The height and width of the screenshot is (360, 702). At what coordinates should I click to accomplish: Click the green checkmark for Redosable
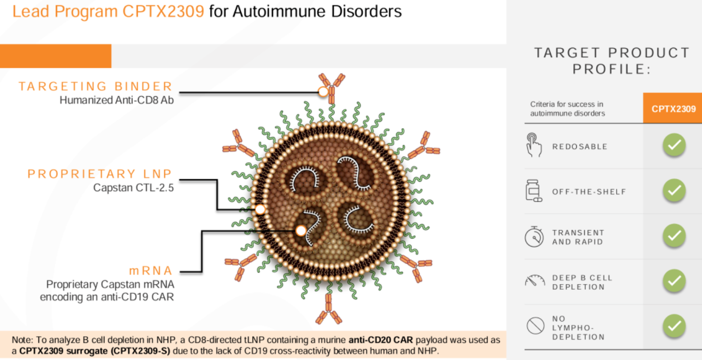pos(674,146)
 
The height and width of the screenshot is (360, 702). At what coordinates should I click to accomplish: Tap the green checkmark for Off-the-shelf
pos(674,191)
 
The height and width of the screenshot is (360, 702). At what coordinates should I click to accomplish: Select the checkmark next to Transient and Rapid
pos(674,236)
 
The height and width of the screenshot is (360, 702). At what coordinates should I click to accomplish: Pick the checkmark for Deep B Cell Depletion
pos(674,281)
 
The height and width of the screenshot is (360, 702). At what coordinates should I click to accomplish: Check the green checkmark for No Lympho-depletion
pos(674,326)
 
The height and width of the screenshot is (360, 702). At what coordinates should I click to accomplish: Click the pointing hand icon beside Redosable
pos(534,145)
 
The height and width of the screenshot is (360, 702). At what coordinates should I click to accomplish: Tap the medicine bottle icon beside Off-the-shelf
pos(534,190)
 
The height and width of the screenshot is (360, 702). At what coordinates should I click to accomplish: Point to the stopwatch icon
pos(534,236)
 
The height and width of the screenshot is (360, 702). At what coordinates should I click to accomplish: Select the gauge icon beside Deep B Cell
pos(535,281)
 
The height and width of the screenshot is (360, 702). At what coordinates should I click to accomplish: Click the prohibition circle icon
pos(535,326)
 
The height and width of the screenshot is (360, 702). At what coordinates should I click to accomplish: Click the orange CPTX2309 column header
pos(673,109)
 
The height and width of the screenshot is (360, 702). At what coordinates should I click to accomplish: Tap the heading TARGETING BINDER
pos(95,86)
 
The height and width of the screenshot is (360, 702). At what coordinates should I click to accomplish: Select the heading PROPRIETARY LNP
pos(100,174)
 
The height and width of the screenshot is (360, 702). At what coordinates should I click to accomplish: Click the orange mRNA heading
pos(150,271)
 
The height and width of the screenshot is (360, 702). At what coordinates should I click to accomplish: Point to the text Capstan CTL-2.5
pos(133,188)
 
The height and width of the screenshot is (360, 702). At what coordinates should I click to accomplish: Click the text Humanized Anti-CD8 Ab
pos(116,101)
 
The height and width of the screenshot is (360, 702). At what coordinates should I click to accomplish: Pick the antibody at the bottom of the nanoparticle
pos(328,309)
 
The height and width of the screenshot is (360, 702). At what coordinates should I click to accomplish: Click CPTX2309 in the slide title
pos(163,11)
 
